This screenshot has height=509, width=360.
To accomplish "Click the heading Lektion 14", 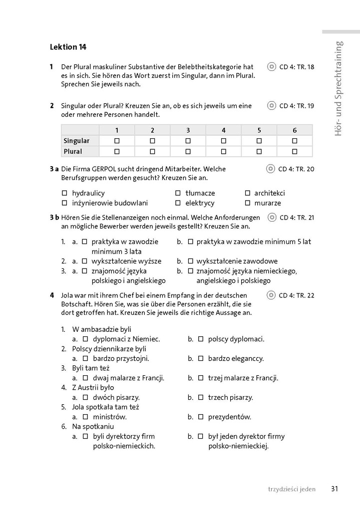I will point(68,47).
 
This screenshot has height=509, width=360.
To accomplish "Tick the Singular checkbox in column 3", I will point(188,141).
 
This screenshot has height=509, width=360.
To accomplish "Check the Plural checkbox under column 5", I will point(259,151).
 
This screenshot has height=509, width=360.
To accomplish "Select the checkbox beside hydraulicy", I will point(64,193).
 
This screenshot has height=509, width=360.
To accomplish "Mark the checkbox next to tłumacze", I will point(178,193).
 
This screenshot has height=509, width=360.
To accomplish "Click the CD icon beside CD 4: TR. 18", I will point(272,67).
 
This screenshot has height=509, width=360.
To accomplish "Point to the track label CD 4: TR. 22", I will point(297,295).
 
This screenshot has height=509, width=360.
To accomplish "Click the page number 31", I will point(335,489).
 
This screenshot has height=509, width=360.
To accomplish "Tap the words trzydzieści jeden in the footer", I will point(292,490).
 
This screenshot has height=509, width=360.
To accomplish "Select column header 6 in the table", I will point(294,130).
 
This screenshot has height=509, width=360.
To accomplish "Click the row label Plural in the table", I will point(73,151).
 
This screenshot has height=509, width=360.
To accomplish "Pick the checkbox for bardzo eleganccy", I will point(201,358).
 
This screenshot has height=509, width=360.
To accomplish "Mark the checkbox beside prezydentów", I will point(201,417).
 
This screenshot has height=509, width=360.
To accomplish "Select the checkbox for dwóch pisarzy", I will point(85,398).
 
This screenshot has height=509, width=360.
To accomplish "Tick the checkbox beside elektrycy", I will point(178,203).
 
